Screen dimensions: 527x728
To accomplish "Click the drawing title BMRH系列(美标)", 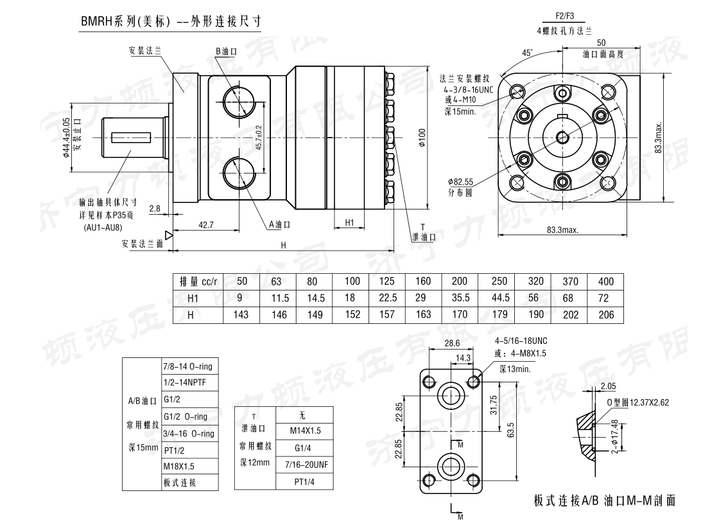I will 125,21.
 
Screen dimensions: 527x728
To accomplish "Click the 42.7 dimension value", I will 206,224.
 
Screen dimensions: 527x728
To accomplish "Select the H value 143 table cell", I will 242,315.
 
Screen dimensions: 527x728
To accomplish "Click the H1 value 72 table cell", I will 605,298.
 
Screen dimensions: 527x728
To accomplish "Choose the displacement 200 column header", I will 460,281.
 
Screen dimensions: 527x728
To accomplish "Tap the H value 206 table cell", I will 605,315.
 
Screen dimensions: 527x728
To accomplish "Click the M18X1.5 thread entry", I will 179,467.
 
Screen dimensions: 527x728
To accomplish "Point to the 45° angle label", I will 526,53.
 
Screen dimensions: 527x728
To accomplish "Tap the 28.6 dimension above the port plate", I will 452,344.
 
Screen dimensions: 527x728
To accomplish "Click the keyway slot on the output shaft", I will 130,137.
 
